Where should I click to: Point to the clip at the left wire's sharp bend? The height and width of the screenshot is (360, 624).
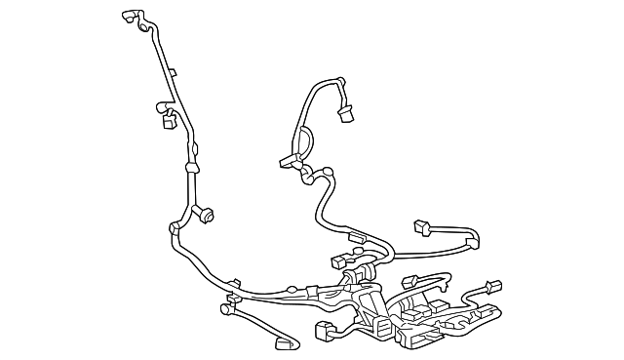[x=175, y=227]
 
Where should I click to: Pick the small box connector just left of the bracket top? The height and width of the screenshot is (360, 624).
[x=338, y=260]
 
